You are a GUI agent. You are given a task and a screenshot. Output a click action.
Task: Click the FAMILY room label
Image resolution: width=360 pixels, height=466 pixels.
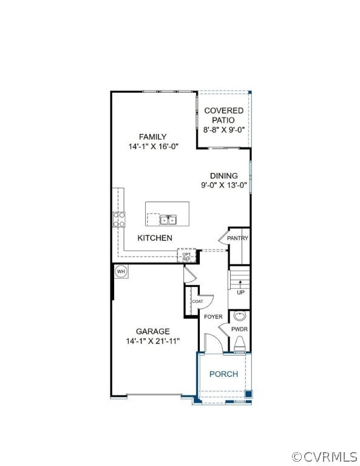coord(153,137)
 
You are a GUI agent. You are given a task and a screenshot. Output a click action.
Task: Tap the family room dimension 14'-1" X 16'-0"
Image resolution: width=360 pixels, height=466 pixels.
coord(153,146)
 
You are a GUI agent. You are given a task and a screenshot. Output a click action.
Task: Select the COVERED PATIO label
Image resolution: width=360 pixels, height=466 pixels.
coord(223,115)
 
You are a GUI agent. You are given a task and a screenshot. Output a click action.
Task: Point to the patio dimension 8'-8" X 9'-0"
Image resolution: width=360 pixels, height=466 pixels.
coord(223,130)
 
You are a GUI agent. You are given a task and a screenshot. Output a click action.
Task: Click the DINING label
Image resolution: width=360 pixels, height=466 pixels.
coord(224,175)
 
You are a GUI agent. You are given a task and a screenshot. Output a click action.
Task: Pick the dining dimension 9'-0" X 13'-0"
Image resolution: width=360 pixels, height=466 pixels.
coord(224,185)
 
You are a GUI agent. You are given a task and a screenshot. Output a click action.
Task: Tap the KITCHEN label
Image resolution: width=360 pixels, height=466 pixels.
coord(155,238)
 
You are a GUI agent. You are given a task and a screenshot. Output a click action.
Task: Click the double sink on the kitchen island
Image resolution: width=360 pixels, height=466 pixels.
coord(168,220)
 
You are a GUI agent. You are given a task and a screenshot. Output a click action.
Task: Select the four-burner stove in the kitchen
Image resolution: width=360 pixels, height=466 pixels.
coord(118,219)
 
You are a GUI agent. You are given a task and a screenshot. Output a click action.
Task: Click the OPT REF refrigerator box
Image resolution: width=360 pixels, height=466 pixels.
coord(187,255)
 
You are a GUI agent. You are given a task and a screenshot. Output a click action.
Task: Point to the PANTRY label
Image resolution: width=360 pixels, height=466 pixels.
coord(237,238)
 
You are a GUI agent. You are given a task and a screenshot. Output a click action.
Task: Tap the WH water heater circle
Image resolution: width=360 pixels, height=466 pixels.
coord(121,271)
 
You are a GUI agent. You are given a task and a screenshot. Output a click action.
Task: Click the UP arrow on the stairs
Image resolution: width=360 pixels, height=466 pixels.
coord(240,283)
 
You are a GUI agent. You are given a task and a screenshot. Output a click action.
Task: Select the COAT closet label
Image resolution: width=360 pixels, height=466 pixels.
coord(198,302)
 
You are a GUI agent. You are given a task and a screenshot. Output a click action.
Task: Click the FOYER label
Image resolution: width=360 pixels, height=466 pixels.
coord(213,317)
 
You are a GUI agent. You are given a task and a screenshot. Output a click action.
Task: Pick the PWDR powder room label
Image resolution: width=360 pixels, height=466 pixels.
coord(240,329)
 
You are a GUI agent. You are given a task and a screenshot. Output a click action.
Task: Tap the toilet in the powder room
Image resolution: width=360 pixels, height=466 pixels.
coord(240,344)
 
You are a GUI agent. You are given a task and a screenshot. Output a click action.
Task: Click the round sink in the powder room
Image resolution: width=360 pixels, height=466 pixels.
coord(240,316)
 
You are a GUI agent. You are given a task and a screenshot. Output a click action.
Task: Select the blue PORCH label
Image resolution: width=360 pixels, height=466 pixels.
coord(224,374)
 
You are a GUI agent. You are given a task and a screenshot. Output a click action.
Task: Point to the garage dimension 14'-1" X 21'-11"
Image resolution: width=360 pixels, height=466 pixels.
coord(153,341)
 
